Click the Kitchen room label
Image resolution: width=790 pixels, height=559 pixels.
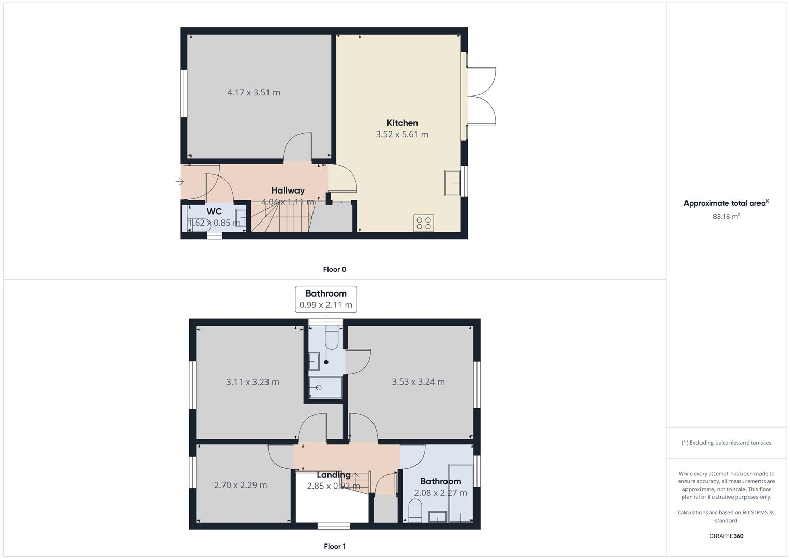(x=402, y=123)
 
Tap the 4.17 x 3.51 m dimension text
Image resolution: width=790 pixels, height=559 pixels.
(x=254, y=93)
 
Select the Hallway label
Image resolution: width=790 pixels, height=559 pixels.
(x=288, y=190)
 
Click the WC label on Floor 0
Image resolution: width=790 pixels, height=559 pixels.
(x=214, y=211)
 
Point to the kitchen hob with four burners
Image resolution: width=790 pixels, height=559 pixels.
(x=424, y=223)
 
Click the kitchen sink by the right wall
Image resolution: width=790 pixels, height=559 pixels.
(x=453, y=183)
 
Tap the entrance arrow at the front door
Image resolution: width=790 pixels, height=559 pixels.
(x=180, y=182)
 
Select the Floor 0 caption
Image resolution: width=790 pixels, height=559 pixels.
(x=334, y=269)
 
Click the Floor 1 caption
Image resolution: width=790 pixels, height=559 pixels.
(x=334, y=546)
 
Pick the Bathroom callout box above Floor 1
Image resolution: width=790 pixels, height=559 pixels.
(x=326, y=299)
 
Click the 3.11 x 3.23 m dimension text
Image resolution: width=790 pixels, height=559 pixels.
(x=252, y=382)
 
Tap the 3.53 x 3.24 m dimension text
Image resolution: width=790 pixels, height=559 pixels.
(x=418, y=382)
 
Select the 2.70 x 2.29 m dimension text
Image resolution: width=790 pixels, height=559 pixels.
(x=241, y=485)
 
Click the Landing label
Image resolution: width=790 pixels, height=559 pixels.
(x=333, y=475)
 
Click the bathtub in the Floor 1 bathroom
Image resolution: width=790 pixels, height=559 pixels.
(x=460, y=493)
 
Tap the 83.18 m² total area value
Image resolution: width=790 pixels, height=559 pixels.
(x=726, y=216)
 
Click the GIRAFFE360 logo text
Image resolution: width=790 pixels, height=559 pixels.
(x=726, y=536)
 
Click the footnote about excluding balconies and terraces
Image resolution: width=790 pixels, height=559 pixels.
(x=726, y=443)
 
